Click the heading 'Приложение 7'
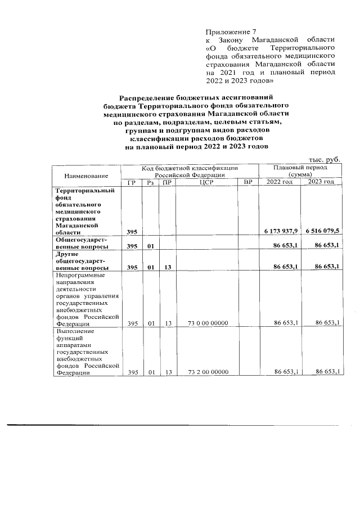click(x=228, y=31)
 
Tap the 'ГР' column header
click(x=132, y=182)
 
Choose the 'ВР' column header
click(x=247, y=182)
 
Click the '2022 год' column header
click(x=280, y=182)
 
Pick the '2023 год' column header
click(x=321, y=182)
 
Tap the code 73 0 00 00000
click(x=208, y=323)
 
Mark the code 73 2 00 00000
click(x=208, y=372)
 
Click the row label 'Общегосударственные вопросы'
click(x=82, y=243)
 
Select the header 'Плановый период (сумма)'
click(x=300, y=172)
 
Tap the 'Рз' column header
click(x=150, y=182)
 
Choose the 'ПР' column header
click(x=167, y=182)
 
